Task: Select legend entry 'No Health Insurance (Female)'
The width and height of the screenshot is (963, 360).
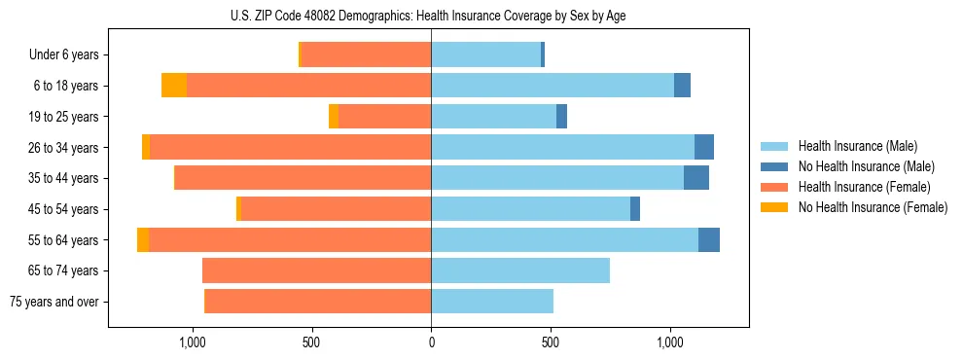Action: pyautogui.click(x=873, y=207)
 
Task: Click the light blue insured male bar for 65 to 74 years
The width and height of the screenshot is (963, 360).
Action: pyautogui.click(x=520, y=270)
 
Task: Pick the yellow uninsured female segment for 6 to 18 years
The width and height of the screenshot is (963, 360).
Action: pyautogui.click(x=174, y=86)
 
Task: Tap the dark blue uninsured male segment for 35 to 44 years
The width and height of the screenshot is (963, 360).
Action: pyautogui.click(x=696, y=178)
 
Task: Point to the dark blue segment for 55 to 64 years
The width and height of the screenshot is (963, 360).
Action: pyautogui.click(x=709, y=239)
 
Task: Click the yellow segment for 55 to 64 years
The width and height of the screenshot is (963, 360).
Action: pyautogui.click(x=143, y=239)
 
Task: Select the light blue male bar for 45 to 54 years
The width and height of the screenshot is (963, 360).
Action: pyautogui.click(x=530, y=209)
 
